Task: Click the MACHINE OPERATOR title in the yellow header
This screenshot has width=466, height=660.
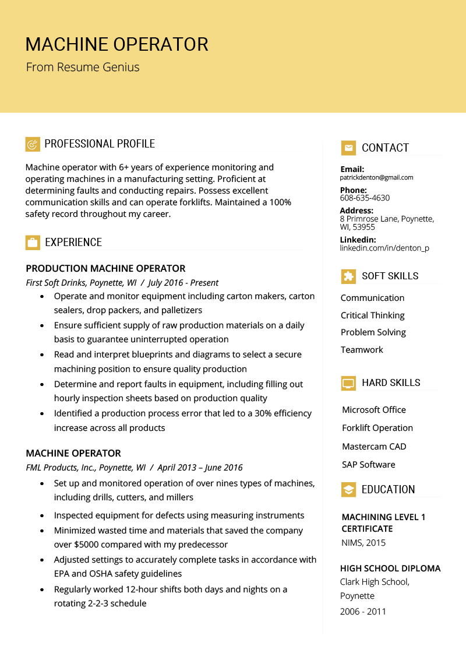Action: [116, 44]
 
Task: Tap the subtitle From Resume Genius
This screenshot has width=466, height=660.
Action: [83, 67]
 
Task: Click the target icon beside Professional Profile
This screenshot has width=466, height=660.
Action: [33, 144]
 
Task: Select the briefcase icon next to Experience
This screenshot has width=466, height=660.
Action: [33, 243]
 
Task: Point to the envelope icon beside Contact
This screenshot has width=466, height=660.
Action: [348, 148]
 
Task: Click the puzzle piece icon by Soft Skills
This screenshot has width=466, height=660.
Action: [348, 276]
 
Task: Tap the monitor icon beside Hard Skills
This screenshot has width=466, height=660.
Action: [348, 383]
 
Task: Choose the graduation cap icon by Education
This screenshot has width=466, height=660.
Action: [348, 490]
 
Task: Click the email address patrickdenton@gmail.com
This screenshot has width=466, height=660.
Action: [376, 177]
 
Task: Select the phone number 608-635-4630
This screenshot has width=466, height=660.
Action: [365, 198]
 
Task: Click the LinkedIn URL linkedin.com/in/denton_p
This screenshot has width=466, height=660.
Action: [384, 248]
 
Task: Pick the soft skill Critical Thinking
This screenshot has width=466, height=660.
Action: [372, 315]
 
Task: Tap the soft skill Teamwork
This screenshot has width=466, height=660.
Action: [362, 350]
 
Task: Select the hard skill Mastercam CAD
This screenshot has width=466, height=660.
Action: [374, 447]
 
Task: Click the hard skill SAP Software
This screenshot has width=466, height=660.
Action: [369, 465]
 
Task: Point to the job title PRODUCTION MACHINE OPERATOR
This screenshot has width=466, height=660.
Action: [105, 269]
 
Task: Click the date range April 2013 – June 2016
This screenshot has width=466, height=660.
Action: [200, 468]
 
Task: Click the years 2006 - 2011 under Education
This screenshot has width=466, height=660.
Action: [363, 612]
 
